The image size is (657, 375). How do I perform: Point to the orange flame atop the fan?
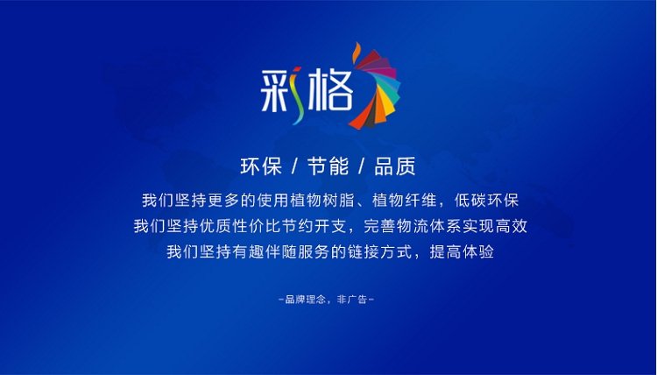pyautogui.click(x=357, y=53)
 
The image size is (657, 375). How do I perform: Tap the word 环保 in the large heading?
pyautogui.click(x=261, y=166)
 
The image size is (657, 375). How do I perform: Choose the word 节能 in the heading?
pyautogui.click(x=328, y=166)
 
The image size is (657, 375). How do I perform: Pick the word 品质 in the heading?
pyautogui.click(x=395, y=166)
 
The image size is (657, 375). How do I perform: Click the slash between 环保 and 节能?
pyautogui.click(x=294, y=166)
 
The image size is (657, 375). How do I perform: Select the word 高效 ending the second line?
pyautogui.click(x=512, y=226)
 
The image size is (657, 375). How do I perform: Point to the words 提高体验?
pyautogui.click(x=462, y=251)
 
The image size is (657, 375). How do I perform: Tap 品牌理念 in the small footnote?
pyautogui.click(x=305, y=300)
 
